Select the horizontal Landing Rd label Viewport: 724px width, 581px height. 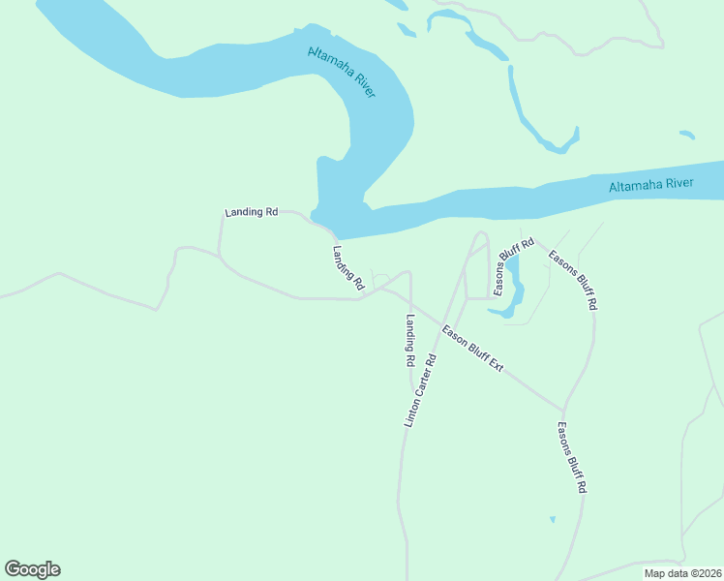[x=252, y=211]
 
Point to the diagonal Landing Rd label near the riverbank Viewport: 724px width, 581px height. [x=347, y=268]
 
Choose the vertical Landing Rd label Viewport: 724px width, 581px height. [x=410, y=340]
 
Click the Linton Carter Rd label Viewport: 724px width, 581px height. [x=420, y=390]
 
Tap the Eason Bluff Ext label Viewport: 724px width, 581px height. [x=473, y=349]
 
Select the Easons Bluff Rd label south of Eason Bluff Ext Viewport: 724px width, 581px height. [x=572, y=458]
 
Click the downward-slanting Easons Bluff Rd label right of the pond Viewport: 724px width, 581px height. [x=573, y=280]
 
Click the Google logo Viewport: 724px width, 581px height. [x=32, y=569]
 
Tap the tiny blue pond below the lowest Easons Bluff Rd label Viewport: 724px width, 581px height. [x=553, y=520]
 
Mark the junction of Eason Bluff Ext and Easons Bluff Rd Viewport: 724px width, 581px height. [x=563, y=409]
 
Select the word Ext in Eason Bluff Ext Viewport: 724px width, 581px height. [x=497, y=365]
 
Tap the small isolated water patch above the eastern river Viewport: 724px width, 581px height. [x=687, y=135]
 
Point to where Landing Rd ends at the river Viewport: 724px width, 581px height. [x=335, y=235]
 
